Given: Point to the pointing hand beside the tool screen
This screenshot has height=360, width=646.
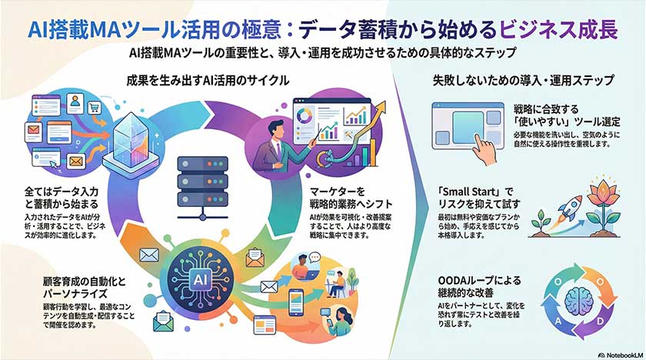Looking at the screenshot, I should [x=482, y=146].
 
